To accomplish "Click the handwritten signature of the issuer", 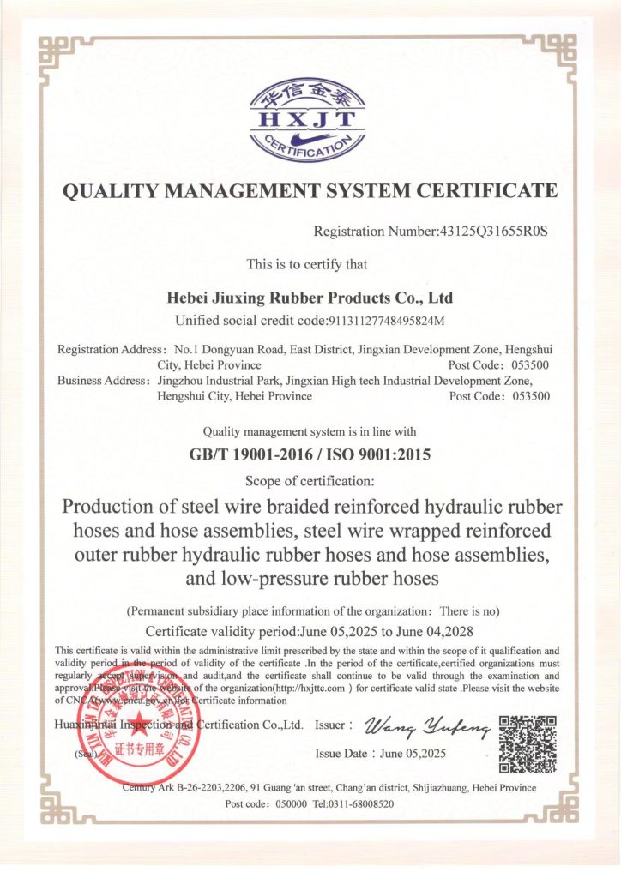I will (x=427, y=728).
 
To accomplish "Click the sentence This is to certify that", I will (x=307, y=264).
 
